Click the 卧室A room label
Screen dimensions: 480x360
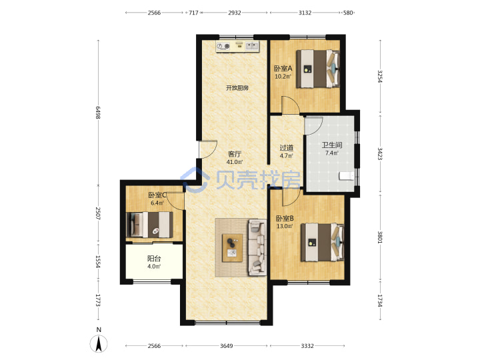[x=283, y=68]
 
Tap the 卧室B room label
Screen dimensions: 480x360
[x=285, y=218]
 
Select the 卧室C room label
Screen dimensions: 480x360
[x=157, y=195]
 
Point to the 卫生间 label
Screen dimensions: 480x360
[x=332, y=145]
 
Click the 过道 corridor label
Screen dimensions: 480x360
[x=287, y=148]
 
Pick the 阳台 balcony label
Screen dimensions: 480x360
[x=154, y=259]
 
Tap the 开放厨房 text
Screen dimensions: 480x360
[x=237, y=88]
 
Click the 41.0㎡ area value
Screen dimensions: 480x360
[x=235, y=162]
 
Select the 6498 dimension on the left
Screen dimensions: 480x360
[x=98, y=113]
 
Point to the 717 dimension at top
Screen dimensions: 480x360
[x=193, y=13]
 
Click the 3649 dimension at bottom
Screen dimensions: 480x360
[x=226, y=346]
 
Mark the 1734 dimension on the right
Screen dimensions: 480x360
[x=380, y=301]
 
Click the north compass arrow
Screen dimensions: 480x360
[x=99, y=344]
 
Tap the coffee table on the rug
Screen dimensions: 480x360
[x=233, y=247]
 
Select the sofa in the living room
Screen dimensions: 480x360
[x=257, y=247]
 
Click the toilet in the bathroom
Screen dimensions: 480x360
[x=346, y=176]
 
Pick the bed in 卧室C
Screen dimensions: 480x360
[x=150, y=225]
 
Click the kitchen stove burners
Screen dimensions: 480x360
[x=223, y=47]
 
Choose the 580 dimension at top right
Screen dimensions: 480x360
[x=348, y=13]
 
